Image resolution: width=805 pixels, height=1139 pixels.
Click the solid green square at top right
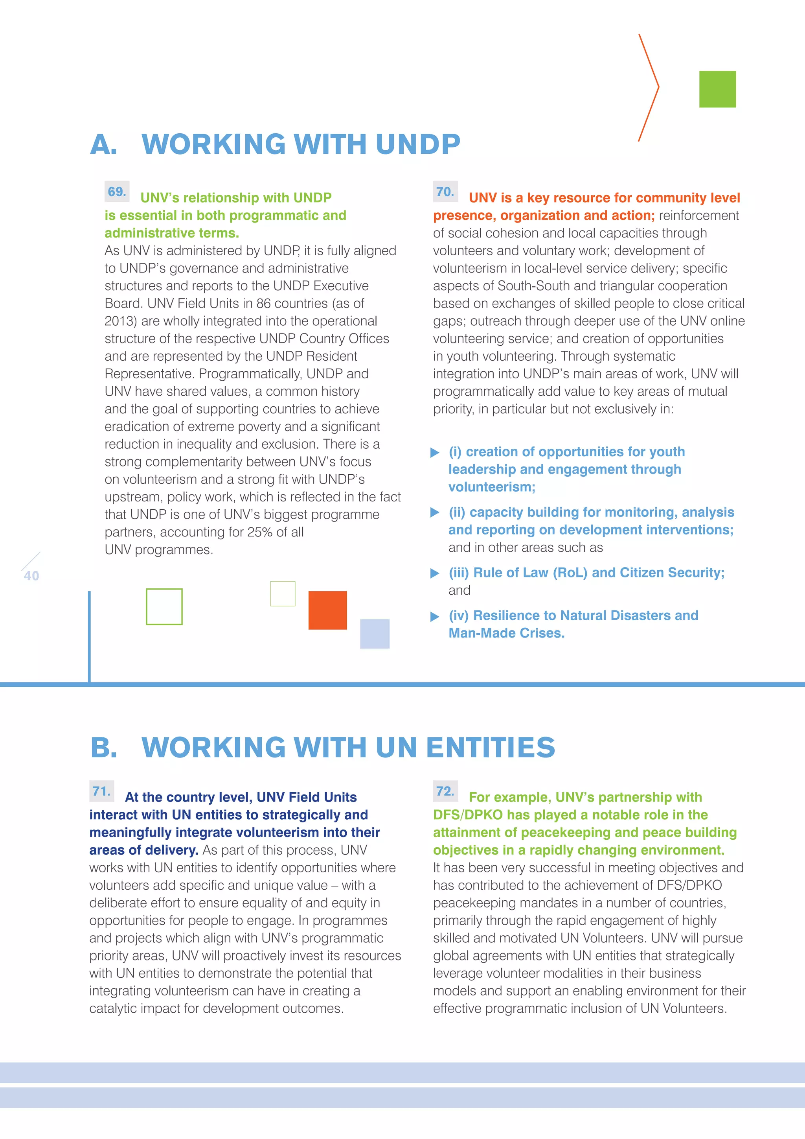click(x=717, y=89)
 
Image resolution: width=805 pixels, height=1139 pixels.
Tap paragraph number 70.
click(x=445, y=192)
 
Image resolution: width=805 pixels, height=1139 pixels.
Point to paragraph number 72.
click(x=445, y=791)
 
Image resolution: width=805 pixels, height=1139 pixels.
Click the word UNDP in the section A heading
click(x=417, y=144)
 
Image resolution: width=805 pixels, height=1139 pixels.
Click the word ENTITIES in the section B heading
click(x=490, y=748)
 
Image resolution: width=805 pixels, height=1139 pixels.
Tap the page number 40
click(x=31, y=575)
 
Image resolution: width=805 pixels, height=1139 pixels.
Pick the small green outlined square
click(x=283, y=593)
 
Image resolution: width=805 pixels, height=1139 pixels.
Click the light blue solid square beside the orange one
click(x=374, y=634)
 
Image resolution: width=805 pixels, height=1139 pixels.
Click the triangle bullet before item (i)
click(x=435, y=452)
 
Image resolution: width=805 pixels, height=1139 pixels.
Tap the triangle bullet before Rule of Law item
click(x=435, y=573)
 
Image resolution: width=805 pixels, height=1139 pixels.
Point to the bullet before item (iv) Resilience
click(x=435, y=617)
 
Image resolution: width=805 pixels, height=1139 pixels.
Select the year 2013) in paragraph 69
click(x=120, y=321)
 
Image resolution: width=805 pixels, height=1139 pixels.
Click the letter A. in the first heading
click(x=104, y=144)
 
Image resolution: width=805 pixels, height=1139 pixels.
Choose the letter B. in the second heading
click(x=104, y=748)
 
